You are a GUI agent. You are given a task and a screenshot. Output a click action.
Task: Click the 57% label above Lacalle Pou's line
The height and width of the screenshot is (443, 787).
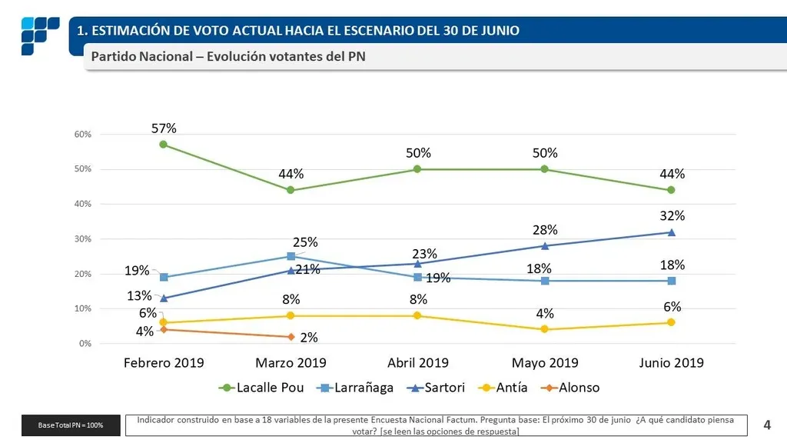(x=164, y=128)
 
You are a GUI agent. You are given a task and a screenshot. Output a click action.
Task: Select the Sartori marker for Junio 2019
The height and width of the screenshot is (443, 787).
(x=671, y=232)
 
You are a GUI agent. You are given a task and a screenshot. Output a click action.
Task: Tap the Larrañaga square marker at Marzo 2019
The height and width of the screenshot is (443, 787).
(x=291, y=256)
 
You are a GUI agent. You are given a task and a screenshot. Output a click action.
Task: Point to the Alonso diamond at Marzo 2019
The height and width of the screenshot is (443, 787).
(x=291, y=337)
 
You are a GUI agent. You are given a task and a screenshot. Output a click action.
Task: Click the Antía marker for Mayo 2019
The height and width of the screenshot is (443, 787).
(x=544, y=329)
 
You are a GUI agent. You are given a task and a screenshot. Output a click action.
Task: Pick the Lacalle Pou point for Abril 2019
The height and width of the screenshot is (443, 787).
(x=417, y=169)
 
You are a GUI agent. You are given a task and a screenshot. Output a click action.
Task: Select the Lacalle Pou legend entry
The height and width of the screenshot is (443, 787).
(x=261, y=388)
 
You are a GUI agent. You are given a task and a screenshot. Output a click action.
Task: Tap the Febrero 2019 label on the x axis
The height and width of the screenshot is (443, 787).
(x=163, y=363)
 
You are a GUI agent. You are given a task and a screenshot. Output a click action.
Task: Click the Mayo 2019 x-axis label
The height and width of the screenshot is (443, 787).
(x=544, y=363)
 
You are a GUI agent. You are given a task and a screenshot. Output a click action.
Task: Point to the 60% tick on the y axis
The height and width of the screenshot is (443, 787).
(x=83, y=135)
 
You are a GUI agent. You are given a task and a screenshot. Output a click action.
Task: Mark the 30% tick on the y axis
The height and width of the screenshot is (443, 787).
(x=83, y=239)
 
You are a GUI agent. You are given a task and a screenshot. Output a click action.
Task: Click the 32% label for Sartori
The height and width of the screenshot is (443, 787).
(x=672, y=215)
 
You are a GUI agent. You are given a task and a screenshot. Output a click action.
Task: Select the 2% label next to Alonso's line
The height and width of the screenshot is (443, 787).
(x=308, y=338)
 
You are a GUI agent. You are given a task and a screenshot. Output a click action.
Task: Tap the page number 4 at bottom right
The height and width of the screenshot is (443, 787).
(x=767, y=424)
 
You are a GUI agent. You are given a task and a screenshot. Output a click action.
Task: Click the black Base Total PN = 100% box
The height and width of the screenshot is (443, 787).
(x=71, y=425)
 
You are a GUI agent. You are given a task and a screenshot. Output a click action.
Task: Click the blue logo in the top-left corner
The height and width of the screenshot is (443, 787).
(x=39, y=35)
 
